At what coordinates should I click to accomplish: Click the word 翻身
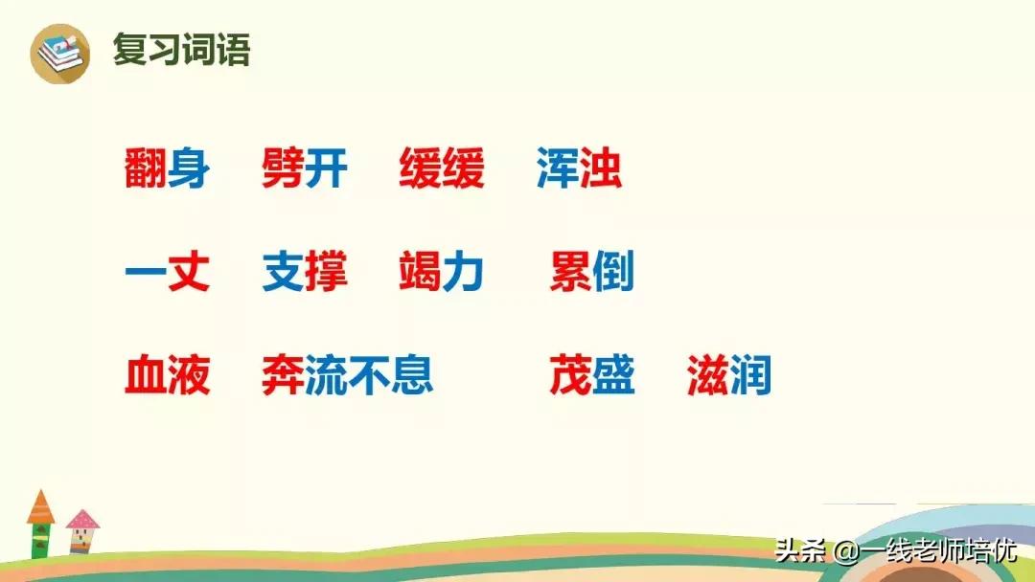[x=167, y=170]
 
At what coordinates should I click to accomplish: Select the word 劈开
[x=304, y=170]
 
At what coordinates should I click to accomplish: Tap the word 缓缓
[x=442, y=170]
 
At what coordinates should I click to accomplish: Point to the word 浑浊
[x=579, y=170]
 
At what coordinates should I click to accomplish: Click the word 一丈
[x=167, y=274]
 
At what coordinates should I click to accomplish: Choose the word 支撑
[x=304, y=274]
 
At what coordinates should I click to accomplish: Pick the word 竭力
[x=442, y=274]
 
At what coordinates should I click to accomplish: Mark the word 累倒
[x=591, y=274]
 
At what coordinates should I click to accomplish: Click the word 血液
[x=167, y=376]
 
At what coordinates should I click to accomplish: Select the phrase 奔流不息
[x=347, y=376]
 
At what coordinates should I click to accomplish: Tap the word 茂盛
[x=591, y=376]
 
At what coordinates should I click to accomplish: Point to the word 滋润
[x=728, y=376]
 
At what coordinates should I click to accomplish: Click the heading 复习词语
[x=181, y=50]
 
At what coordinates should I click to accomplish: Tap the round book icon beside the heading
[x=59, y=53]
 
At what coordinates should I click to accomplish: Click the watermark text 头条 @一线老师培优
[x=895, y=551]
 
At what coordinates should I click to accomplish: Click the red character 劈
[x=283, y=170]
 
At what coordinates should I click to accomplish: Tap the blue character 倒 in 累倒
[x=613, y=274]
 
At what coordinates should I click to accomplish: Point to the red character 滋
[x=707, y=376]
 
